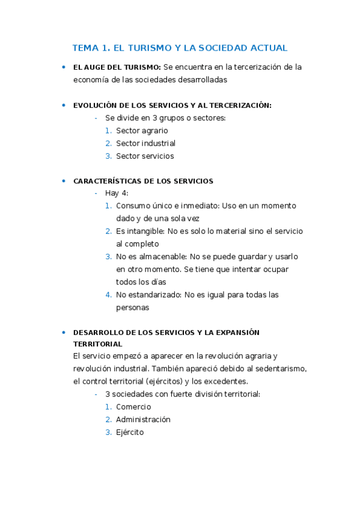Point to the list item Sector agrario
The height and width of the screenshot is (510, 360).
(142, 131)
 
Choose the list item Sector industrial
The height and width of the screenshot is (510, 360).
(145, 143)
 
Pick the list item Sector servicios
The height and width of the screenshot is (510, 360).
(145, 156)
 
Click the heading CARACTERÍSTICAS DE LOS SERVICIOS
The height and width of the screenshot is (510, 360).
(143, 181)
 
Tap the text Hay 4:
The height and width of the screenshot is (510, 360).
(117, 193)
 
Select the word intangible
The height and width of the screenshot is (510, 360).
(145, 231)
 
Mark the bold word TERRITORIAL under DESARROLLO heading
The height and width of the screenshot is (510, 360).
(97, 344)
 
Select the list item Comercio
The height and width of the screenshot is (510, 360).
(133, 407)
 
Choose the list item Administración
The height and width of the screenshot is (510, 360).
(143, 419)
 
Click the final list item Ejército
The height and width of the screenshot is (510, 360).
(130, 432)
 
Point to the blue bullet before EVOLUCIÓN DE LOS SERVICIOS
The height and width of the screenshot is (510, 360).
(63, 105)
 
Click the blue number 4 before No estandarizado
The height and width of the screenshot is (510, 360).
(108, 295)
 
